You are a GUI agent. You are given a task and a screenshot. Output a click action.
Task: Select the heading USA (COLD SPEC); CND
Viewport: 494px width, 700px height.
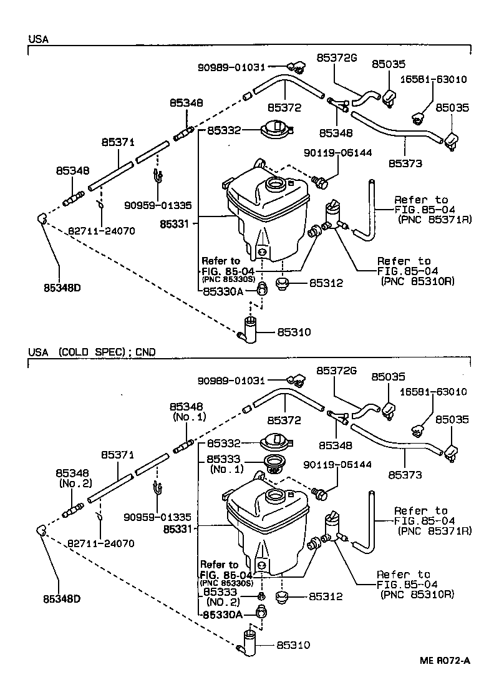tap(92, 352)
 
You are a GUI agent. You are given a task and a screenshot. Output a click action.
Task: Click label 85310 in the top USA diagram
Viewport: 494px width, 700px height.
tap(294, 333)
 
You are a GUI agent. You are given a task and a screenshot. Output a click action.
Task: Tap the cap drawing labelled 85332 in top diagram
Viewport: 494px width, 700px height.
tap(275, 130)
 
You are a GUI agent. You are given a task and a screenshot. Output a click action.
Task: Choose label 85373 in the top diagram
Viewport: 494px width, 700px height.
tap(405, 163)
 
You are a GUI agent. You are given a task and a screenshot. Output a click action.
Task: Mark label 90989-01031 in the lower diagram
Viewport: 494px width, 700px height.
tap(231, 380)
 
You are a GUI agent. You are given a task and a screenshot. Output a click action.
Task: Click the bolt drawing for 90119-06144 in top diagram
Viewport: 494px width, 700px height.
tap(321, 182)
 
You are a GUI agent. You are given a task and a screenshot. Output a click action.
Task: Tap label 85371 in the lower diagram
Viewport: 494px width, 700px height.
tap(119, 455)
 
